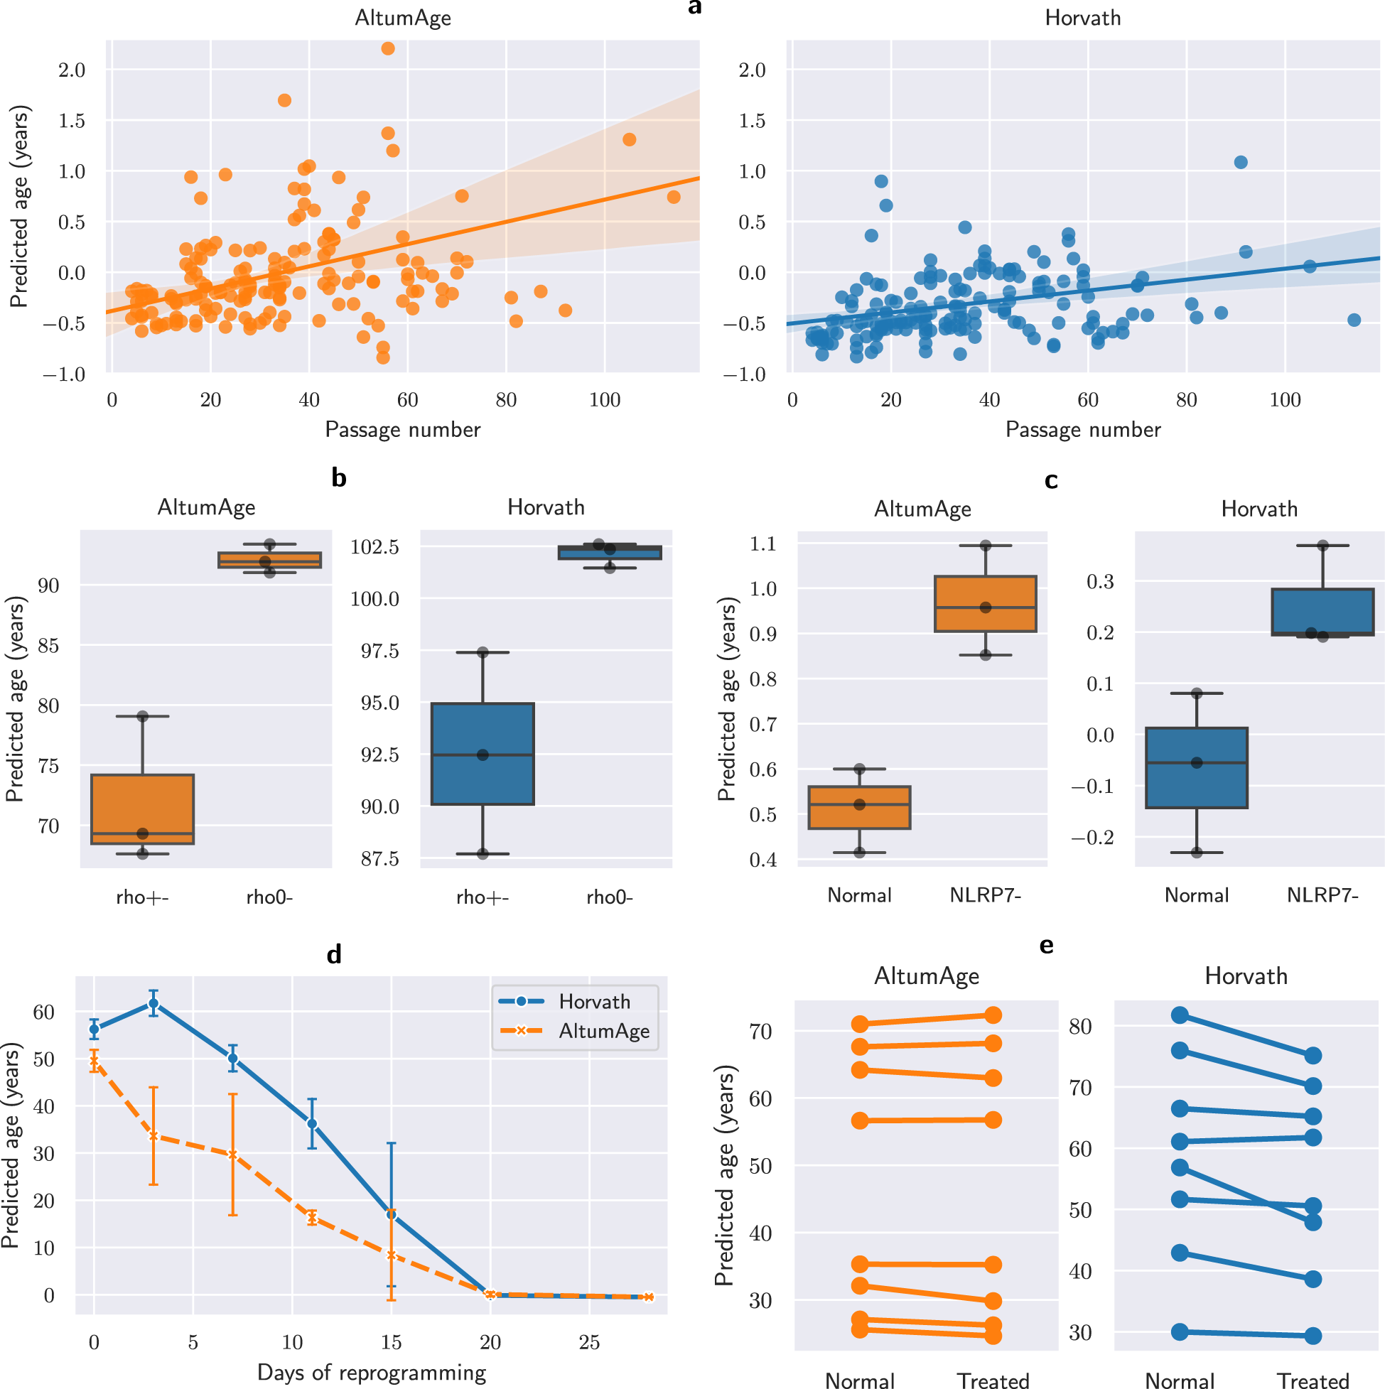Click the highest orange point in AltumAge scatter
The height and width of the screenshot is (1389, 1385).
387,48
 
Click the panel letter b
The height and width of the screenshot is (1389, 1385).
339,478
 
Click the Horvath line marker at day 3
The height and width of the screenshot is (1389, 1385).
153,1004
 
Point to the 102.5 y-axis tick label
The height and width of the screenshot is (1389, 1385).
374,547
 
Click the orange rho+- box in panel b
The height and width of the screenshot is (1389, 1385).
142,809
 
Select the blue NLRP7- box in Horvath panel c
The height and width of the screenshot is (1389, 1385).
1322,612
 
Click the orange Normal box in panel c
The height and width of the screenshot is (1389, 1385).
859,807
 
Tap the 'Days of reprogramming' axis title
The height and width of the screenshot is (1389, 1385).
372,1372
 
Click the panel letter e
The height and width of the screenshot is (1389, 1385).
1046,946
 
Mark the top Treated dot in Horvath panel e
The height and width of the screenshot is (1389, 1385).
1313,1055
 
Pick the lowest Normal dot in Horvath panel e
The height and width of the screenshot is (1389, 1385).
1180,1332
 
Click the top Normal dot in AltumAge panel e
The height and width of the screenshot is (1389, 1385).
860,1024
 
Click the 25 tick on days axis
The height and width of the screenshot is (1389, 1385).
589,1342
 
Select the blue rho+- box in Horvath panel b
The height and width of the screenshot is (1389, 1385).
483,753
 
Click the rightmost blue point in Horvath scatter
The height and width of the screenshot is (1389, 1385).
1354,320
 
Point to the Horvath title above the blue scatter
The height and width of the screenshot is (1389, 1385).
1082,18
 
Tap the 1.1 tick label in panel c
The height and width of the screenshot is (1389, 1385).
763,544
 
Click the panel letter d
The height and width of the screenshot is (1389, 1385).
334,955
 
